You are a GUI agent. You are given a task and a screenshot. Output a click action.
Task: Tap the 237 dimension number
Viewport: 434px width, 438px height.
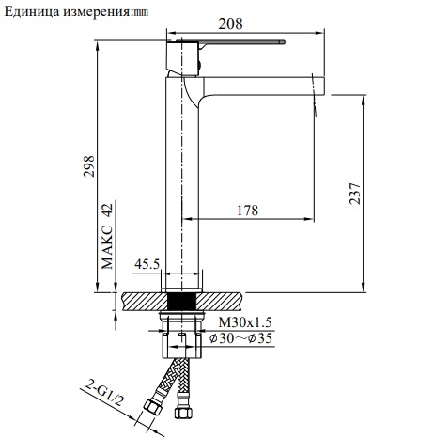(x=353, y=192)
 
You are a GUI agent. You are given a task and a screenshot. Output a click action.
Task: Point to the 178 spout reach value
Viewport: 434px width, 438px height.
(x=246, y=211)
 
